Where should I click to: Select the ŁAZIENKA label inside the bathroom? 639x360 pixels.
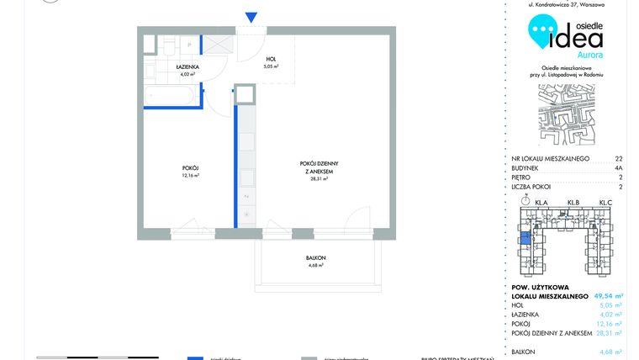coord(187,67)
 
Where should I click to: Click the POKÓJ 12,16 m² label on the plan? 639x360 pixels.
coord(191,172)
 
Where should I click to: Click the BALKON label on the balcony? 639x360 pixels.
coord(315,260)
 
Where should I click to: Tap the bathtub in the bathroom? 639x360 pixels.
coord(172,98)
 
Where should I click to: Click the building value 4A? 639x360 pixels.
coord(619,168)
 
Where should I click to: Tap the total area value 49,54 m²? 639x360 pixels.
coord(608,296)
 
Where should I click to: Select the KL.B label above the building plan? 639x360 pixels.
coord(574,203)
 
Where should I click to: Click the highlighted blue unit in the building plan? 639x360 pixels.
coord(525,239)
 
